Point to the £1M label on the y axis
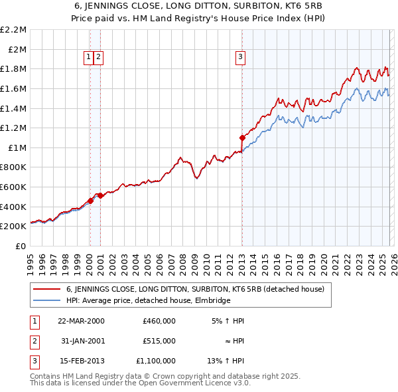click(18, 147)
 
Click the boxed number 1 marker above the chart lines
click(89, 58)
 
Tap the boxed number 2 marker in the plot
click(98, 58)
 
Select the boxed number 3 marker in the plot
click(239, 58)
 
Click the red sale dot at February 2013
click(242, 138)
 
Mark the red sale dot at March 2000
click(90, 201)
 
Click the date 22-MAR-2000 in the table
click(81, 321)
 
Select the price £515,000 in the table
click(159, 341)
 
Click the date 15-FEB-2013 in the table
click(81, 361)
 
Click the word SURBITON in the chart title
click(214, 5)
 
